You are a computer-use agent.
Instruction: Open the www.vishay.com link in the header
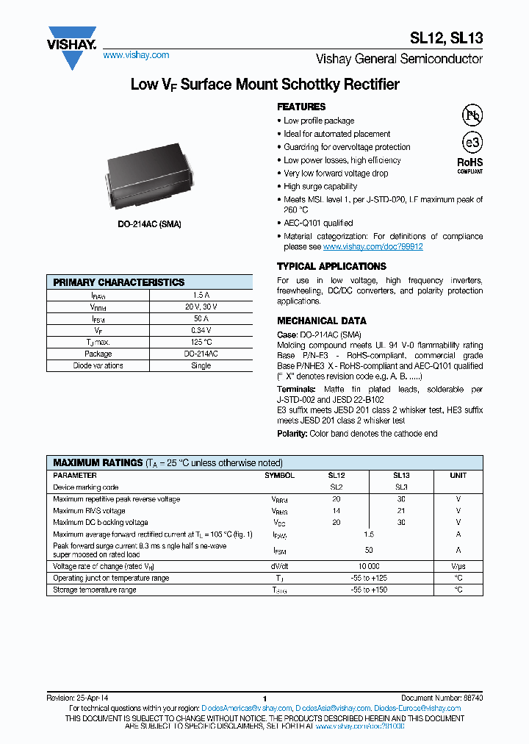coord(136,55)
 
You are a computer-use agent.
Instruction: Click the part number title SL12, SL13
coord(446,40)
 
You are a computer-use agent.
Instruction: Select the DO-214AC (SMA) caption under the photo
coord(149,223)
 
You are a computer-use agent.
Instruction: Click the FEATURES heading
coord(301,107)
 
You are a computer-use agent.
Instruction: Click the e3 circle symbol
coord(471,143)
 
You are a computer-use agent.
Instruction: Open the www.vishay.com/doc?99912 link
coord(373,247)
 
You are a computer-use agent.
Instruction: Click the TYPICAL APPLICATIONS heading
coord(331,266)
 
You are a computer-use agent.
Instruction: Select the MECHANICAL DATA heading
coord(321,321)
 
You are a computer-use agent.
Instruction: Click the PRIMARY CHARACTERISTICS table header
coord(119,282)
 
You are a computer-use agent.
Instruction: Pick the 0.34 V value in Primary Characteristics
coord(201,330)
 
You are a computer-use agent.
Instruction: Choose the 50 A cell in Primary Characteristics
coord(201,318)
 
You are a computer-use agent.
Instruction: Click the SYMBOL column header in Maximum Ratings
coord(279,476)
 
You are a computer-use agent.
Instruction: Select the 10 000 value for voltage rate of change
coord(369,566)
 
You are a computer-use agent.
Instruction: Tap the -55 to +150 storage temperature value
coord(369,590)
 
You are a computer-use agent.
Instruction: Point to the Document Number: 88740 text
coord(442,698)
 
